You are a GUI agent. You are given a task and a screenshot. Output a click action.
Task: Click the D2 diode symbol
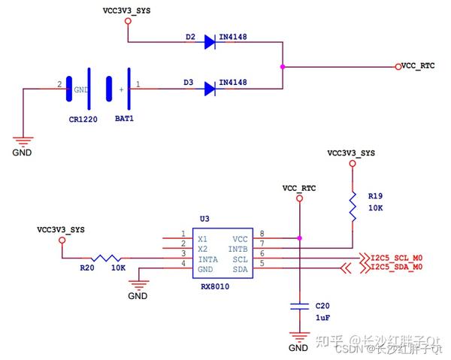click(210, 42)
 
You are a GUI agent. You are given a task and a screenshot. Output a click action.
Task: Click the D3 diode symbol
click(210, 89)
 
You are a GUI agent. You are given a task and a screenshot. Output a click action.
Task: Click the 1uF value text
click(322, 319)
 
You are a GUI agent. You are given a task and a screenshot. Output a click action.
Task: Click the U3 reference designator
click(204, 219)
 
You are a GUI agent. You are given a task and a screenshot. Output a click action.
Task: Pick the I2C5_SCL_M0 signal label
click(397, 256)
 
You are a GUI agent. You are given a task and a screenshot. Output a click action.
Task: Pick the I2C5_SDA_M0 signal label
click(397, 267)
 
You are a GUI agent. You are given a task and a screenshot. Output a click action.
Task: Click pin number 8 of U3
click(261, 234)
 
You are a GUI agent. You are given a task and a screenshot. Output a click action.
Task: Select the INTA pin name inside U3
click(208, 258)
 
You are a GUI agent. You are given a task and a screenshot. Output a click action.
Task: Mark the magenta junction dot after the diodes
click(282, 67)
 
